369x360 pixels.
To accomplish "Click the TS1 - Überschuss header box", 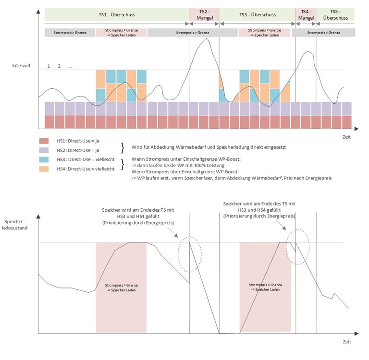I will point(117,15).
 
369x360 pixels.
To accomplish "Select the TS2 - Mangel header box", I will point(204,15).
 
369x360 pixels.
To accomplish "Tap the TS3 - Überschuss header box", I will point(257,15).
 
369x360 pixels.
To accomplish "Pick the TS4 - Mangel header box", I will point(306,15).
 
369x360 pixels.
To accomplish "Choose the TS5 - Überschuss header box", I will point(336,15).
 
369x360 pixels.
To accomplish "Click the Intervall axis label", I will point(22,65).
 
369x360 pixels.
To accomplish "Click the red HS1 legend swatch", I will point(45,141).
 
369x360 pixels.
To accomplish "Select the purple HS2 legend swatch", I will point(45,150).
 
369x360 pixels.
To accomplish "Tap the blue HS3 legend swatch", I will point(45,159).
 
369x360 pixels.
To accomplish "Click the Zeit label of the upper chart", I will point(346,137).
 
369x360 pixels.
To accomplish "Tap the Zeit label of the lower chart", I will point(346,342).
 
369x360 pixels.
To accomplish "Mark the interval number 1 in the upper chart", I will point(49,66).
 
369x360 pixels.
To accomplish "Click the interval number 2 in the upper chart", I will point(59,66).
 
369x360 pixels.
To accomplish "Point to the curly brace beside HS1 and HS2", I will point(123,146).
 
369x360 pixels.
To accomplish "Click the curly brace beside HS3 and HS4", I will point(123,164).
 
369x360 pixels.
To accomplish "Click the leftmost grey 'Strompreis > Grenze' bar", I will point(70,33).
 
